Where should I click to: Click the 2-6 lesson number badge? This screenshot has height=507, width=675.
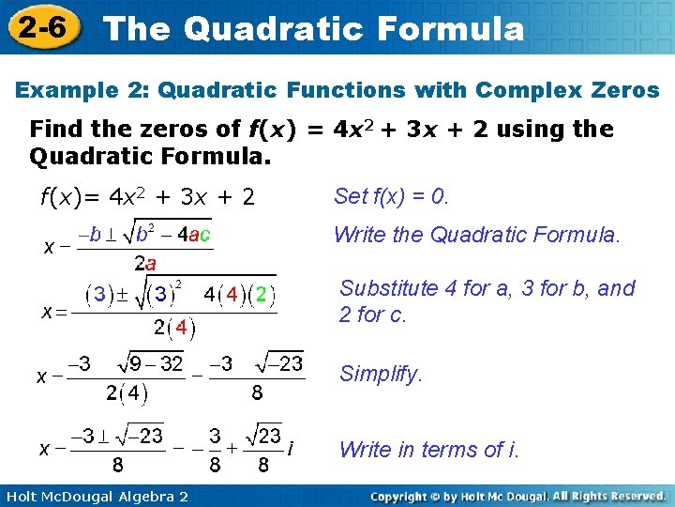click(x=39, y=26)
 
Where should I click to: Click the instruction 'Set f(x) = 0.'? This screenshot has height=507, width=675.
click(x=392, y=196)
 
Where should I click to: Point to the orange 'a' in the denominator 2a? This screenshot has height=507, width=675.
click(x=150, y=265)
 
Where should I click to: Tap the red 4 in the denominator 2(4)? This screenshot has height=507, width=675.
click(x=181, y=329)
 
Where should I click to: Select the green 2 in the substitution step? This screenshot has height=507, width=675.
click(x=263, y=296)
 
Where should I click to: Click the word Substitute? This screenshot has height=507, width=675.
click(x=389, y=288)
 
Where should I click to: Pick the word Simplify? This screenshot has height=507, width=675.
click(x=381, y=374)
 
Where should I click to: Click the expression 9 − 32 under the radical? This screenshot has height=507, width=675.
click(x=157, y=364)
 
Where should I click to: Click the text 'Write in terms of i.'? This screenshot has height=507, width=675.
click(x=429, y=450)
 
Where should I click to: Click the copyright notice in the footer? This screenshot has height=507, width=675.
click(x=517, y=496)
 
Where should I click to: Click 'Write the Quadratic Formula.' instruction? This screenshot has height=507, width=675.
click(x=477, y=235)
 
